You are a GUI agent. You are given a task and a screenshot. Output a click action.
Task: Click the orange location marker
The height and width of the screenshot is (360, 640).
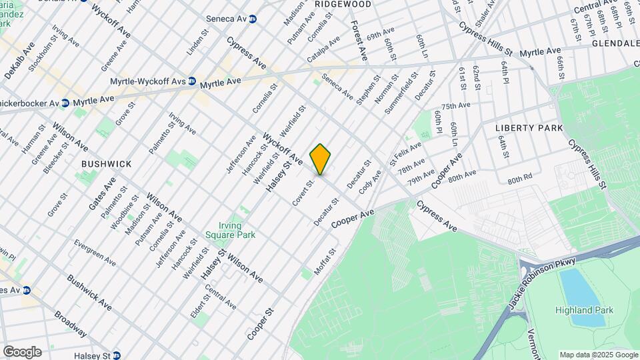click(321, 159)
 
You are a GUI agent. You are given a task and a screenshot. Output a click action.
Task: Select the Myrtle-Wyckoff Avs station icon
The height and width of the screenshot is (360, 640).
click(191, 81)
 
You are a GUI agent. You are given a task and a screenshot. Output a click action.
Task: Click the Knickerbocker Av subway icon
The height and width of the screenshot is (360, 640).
click(65, 103)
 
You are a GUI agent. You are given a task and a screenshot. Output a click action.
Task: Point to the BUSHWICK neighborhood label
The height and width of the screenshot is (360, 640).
click(107, 163)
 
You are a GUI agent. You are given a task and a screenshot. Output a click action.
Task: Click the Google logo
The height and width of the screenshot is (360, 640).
click(22, 352)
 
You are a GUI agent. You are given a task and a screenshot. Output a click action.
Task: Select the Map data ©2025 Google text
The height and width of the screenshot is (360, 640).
click(598, 355)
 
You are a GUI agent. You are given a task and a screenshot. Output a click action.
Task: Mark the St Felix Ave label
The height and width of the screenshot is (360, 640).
click(405, 152)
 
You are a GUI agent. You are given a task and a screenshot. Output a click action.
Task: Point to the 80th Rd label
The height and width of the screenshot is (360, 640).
click(519, 179)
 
